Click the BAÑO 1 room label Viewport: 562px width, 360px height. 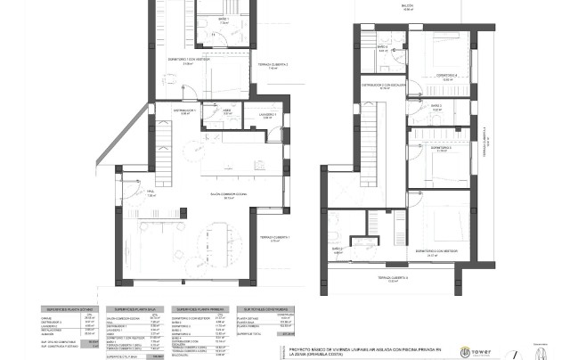[221, 19]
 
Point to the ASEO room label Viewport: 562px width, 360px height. [228, 111]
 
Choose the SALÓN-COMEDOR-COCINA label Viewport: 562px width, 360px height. [204, 194]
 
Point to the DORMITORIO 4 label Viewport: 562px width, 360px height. [444, 76]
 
